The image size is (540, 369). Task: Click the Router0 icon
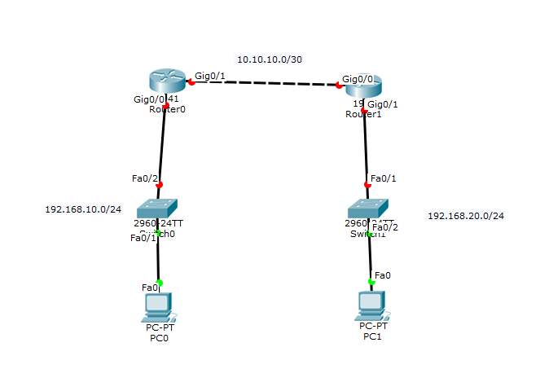pyautogui.click(x=169, y=81)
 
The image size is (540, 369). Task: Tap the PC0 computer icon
pyautogui.click(x=157, y=307)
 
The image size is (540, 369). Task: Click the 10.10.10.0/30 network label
pyautogui.click(x=264, y=59)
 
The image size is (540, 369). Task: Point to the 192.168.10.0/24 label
pyautogui.click(x=83, y=209)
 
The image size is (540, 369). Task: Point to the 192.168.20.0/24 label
pyautogui.click(x=466, y=216)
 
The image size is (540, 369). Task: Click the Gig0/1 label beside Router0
pyautogui.click(x=209, y=75)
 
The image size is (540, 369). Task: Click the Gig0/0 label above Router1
pyautogui.click(x=358, y=79)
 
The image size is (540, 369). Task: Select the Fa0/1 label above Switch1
pyautogui.click(x=384, y=178)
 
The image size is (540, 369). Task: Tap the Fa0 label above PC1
pyautogui.click(x=383, y=275)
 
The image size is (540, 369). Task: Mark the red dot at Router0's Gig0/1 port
pyautogui.click(x=191, y=81)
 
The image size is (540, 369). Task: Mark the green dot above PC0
pyautogui.click(x=160, y=283)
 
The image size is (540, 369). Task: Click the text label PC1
pyautogui.click(x=371, y=336)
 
